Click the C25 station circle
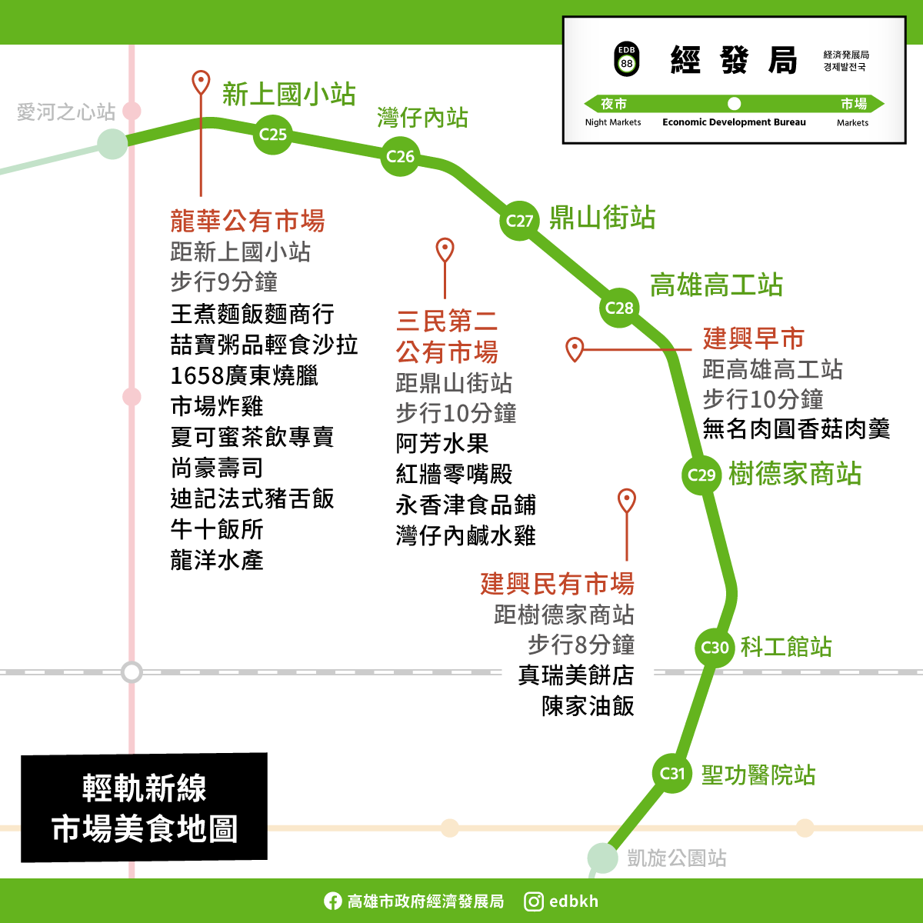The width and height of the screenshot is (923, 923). pos(272,135)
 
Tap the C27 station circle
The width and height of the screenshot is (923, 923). pos(520,222)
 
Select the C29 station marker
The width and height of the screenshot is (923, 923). pos(701,475)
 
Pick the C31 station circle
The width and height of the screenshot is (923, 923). pos(672,773)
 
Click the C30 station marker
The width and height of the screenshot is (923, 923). pos(715,648)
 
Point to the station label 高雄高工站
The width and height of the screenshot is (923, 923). pos(716,285)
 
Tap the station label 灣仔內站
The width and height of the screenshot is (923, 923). pos(422,118)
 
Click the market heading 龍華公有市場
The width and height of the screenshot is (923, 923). pos(248,222)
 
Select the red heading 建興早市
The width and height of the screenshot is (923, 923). pos(753,338)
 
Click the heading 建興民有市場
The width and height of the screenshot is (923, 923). pos(557,584)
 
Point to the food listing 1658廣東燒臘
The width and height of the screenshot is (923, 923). pos(244,376)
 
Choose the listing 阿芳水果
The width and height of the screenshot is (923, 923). pos(442,444)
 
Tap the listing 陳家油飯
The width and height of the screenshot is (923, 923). pos(588,706)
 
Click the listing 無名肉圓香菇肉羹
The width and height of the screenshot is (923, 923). pos(796,429)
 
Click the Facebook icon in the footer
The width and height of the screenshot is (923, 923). pos(332,901)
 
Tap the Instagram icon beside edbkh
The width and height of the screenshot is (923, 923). pos(534,901)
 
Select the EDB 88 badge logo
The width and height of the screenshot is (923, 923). pos(627,58)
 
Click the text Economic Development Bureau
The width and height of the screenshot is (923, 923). pos(734,122)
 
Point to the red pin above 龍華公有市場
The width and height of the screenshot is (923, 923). pos(201,82)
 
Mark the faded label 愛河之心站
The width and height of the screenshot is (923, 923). pos(66,112)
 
